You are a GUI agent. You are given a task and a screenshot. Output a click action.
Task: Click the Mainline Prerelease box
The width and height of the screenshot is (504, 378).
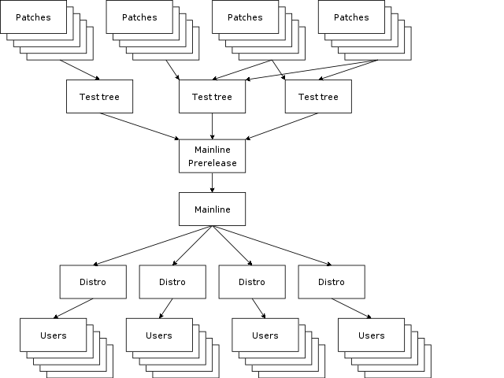[x=212, y=156]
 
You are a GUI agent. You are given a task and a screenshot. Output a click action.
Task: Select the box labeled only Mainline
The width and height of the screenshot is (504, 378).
[x=212, y=209]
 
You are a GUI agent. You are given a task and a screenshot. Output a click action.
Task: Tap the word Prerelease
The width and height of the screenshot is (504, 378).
[x=212, y=164]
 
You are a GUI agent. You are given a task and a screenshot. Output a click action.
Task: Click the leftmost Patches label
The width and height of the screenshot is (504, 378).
[x=33, y=17]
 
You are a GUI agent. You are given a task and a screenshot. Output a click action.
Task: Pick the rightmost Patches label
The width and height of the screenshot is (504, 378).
[x=351, y=17]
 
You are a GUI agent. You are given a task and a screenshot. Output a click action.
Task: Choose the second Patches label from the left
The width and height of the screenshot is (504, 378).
[x=139, y=17]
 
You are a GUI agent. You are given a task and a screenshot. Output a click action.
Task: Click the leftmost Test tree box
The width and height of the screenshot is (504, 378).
[x=99, y=97]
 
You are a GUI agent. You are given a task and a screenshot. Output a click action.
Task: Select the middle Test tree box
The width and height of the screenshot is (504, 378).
[x=212, y=97]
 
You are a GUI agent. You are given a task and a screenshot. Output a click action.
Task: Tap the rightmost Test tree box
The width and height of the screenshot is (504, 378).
[x=318, y=97]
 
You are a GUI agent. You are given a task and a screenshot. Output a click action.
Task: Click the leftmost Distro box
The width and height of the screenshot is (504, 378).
[x=93, y=282]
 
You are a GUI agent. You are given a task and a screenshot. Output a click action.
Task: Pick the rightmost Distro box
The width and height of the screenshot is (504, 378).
[x=332, y=282]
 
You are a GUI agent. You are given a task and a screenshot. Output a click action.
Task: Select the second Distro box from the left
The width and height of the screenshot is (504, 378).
[x=172, y=282]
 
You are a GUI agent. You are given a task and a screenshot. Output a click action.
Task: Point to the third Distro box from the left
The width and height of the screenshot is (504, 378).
[x=252, y=282]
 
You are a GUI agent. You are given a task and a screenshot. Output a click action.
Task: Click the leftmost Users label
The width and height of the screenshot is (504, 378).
[x=53, y=335]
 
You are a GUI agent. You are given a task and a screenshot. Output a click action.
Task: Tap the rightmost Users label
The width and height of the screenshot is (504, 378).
[x=371, y=335]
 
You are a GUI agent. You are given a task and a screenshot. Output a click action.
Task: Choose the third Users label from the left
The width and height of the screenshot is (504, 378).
[x=265, y=335]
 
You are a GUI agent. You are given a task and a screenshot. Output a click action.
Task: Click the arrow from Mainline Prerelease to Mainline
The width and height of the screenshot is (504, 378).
[x=212, y=183]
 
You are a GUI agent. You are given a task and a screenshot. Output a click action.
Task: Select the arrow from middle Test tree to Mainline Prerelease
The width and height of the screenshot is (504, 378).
[x=212, y=126]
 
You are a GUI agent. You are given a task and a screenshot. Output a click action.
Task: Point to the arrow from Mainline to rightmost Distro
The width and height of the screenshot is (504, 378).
[x=272, y=246]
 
